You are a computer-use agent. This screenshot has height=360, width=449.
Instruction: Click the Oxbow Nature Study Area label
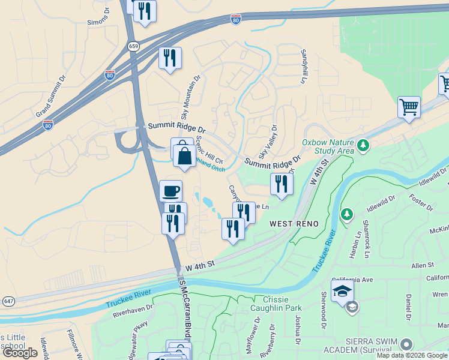328,146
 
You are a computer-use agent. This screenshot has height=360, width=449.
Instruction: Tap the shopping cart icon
409,108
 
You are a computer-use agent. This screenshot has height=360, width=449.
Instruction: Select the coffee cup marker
171,191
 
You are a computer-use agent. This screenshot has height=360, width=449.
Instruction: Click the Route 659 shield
133,46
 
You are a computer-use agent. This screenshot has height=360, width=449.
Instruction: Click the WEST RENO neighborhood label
294,223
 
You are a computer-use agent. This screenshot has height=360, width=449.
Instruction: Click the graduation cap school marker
343,292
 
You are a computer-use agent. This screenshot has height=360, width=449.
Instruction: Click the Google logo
20,353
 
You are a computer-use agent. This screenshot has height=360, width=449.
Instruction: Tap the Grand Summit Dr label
52,96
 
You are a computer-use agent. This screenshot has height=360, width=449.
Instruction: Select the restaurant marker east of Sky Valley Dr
282,184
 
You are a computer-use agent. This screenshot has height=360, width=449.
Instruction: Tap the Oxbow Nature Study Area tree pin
363,145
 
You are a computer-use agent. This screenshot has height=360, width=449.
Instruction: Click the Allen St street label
422,265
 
